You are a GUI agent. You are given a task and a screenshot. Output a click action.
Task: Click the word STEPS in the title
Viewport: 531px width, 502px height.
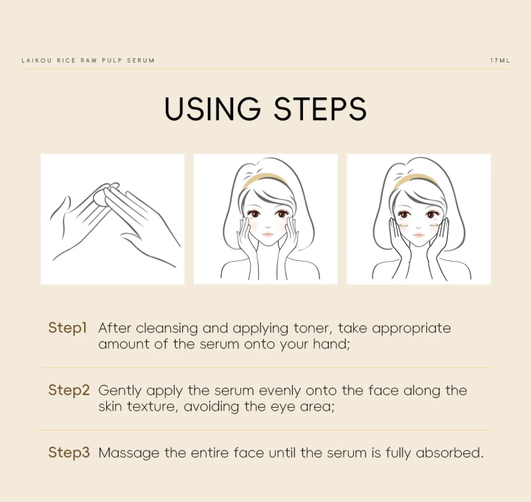(x=320, y=108)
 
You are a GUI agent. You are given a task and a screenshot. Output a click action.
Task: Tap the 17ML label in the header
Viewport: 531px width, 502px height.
(x=499, y=60)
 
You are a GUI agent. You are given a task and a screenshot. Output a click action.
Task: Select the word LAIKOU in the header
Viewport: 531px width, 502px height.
(x=37, y=60)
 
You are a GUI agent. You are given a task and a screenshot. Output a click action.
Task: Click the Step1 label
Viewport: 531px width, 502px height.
(x=68, y=328)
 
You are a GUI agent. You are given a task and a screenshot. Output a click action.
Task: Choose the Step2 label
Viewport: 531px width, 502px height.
(x=69, y=390)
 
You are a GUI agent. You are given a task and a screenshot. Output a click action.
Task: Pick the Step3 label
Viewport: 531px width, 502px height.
(x=69, y=452)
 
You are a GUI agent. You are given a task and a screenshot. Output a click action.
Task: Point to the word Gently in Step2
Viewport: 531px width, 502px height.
(x=120, y=391)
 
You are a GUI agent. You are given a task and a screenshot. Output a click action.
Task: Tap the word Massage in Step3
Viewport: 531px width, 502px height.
(x=129, y=453)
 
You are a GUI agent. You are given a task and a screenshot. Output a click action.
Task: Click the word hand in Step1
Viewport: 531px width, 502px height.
(x=331, y=344)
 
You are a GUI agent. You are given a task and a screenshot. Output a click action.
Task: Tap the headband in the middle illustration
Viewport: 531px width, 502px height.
(x=265, y=179)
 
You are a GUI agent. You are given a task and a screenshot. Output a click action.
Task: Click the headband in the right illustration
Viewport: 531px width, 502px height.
(x=417, y=180)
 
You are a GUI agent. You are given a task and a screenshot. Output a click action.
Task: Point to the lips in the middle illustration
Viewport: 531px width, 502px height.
(x=268, y=234)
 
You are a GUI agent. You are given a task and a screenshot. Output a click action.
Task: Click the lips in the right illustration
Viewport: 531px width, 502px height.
(x=419, y=235)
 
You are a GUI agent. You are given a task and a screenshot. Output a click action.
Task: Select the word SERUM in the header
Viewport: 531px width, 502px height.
(x=141, y=60)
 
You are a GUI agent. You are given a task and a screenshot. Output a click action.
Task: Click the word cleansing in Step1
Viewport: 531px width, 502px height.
(x=167, y=329)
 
